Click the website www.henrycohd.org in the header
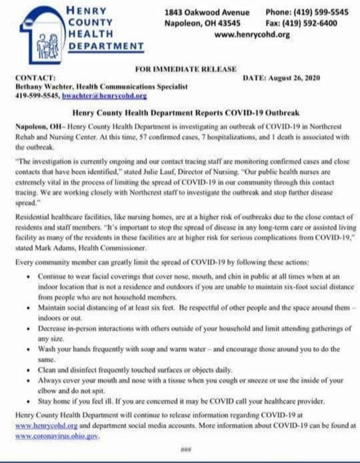252,34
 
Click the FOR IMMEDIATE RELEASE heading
186,69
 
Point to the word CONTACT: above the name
35,78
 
